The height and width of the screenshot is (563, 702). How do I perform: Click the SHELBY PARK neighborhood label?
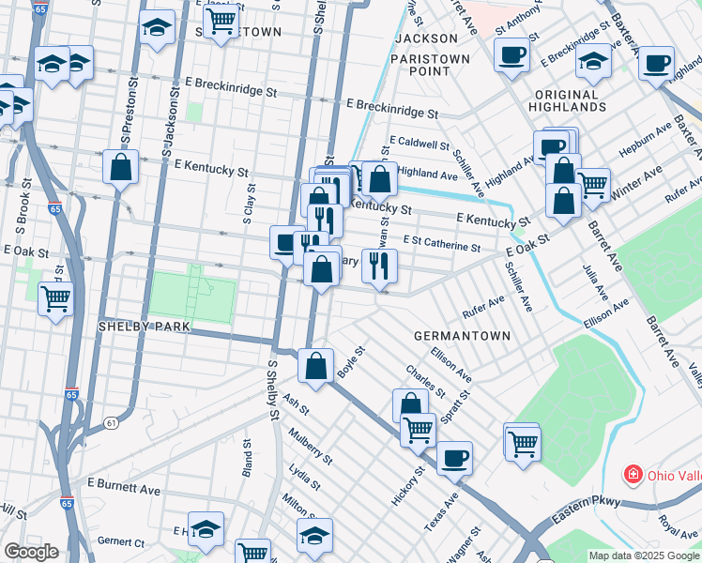point(145,327)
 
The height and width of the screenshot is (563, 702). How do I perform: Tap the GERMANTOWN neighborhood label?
point(462,336)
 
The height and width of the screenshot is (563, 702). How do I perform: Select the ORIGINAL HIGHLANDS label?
point(580,101)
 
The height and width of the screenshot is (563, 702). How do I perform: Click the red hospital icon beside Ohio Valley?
point(634,475)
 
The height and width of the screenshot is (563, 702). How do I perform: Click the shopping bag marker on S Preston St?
point(121,168)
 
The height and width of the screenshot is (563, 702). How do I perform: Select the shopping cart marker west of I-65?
point(56,299)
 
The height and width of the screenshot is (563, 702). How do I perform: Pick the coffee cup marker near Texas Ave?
point(454,458)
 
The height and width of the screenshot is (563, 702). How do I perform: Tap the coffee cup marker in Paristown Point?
point(511,54)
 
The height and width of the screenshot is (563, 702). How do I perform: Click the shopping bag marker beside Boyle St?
point(317,366)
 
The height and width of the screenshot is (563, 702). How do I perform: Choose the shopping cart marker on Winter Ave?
point(592,185)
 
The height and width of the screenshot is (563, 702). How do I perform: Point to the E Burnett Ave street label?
point(124,489)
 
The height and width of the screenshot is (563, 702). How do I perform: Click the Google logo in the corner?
point(31,551)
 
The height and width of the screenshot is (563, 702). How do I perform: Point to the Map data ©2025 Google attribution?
point(644,555)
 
